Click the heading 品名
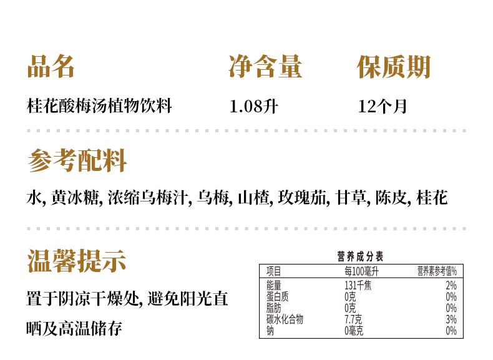pyautogui.click(x=51, y=66)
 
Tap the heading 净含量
pyautogui.click(x=265, y=66)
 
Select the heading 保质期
pyautogui.click(x=394, y=67)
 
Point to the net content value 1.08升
pyautogui.click(x=254, y=106)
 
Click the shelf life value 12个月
pyautogui.click(x=383, y=106)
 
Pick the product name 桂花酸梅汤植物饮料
pyautogui.click(x=99, y=105)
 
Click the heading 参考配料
pyautogui.click(x=77, y=161)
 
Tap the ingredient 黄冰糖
pyautogui.click(x=75, y=198)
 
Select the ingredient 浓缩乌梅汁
pyautogui.click(x=148, y=198)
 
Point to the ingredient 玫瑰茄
pyautogui.click(x=302, y=198)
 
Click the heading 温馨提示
pyautogui.click(x=77, y=261)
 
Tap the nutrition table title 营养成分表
pyautogui.click(x=360, y=256)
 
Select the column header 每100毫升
pyautogui.click(x=361, y=271)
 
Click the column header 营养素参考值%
pyautogui.click(x=437, y=271)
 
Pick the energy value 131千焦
pyautogui.click(x=358, y=286)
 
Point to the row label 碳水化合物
pyautogui.click(x=285, y=319)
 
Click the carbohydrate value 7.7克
pyautogui.click(x=353, y=319)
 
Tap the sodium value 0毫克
pyautogui.click(x=354, y=331)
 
